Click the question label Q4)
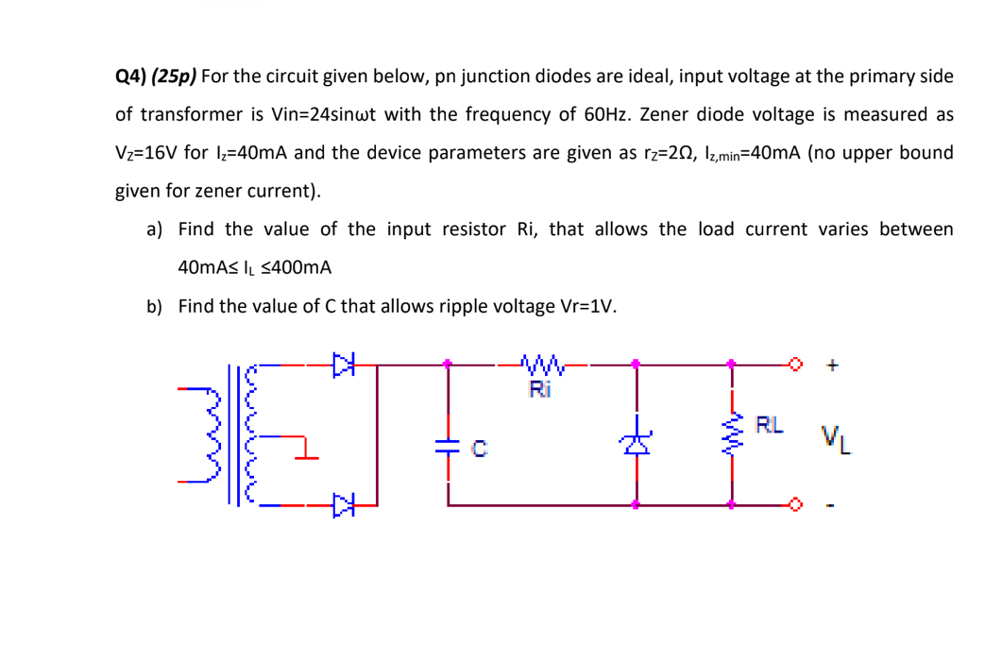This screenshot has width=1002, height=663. point(130,76)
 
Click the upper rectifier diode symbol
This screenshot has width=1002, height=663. point(343,361)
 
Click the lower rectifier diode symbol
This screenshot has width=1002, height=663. point(343,506)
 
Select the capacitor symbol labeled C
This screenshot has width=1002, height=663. point(449,450)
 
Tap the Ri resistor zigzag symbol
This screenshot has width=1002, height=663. point(540,361)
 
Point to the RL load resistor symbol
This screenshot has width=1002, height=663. point(732,435)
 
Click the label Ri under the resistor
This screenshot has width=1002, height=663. point(539,386)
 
